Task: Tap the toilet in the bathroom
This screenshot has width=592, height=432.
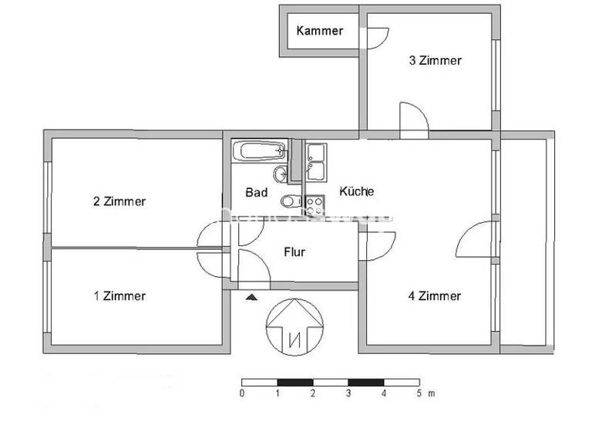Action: point(287,202)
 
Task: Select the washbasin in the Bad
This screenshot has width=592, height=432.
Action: point(281,173)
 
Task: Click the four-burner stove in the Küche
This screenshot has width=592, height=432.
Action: point(314,204)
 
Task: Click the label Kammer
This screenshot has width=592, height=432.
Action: point(320,32)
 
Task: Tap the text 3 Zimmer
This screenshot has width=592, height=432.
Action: point(435,60)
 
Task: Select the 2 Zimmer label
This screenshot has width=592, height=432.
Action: point(119,202)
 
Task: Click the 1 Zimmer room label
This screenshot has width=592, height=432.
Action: point(119,295)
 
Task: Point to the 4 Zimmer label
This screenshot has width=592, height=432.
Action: point(435,295)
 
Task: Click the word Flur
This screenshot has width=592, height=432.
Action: point(295,251)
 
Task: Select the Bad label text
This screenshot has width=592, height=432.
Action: point(257,192)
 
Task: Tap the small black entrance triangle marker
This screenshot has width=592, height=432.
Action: point(250,295)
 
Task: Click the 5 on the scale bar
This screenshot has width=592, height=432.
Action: point(419,393)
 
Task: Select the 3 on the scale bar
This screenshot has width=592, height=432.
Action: point(348,393)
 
